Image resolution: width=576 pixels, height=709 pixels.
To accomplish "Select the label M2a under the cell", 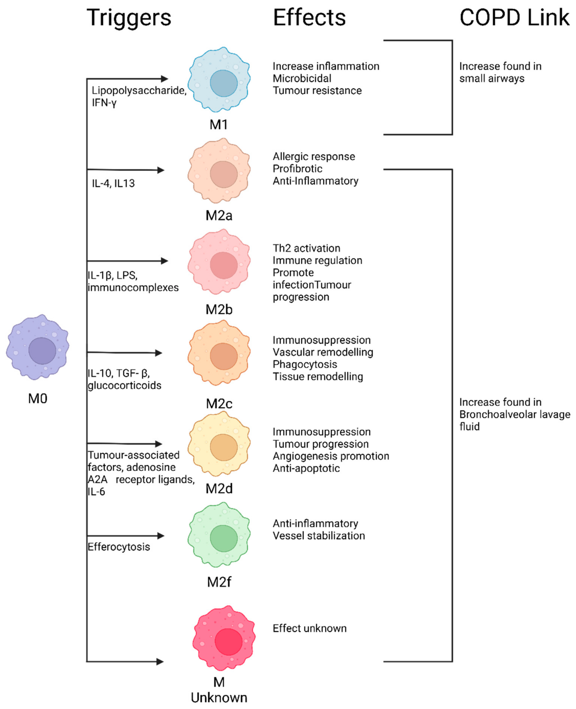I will pyautogui.click(x=219, y=216).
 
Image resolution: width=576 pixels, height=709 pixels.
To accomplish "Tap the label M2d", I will pyautogui.click(x=219, y=488).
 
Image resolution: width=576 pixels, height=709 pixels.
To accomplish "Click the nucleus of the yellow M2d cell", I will pyautogui.click(x=224, y=447).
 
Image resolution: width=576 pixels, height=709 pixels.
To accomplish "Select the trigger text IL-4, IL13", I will pyautogui.click(x=113, y=184).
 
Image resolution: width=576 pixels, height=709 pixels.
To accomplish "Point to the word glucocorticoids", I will pyautogui.click(x=124, y=385).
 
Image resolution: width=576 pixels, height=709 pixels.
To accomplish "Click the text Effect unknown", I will pyautogui.click(x=309, y=628).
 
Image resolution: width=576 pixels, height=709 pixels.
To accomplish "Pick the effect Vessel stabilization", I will pyautogui.click(x=318, y=536).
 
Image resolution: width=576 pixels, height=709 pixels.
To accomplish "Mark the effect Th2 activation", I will pyautogui.click(x=306, y=248).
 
